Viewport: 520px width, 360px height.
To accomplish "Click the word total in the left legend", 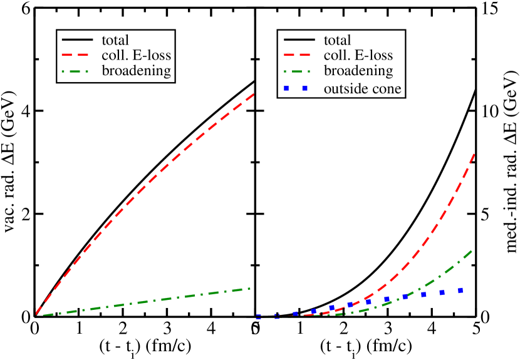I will tap(115, 40).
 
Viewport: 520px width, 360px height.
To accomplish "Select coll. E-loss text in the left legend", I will tap(136, 55).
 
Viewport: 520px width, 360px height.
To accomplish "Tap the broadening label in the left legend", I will tap(136, 70).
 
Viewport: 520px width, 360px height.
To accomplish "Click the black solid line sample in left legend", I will tap(78, 41).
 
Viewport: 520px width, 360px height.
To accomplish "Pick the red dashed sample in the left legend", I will tap(78, 56).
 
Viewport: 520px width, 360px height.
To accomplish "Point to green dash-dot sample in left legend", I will tap(78, 71).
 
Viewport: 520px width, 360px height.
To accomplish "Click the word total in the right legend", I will tap(337, 40).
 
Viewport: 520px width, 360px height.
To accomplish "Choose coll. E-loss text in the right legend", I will tap(358, 55).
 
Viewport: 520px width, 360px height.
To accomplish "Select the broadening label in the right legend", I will tap(358, 70).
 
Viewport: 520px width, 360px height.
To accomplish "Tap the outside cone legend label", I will tap(362, 88).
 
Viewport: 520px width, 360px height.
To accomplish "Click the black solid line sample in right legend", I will tap(299, 41).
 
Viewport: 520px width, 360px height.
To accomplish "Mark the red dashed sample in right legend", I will tap(299, 56).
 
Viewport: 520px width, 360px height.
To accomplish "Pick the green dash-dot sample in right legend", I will tap(299, 71).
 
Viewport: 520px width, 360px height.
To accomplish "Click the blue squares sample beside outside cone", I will tap(296, 88).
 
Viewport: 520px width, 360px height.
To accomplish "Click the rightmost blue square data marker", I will tap(460, 291).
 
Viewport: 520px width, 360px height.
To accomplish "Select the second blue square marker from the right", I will tap(442, 292).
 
